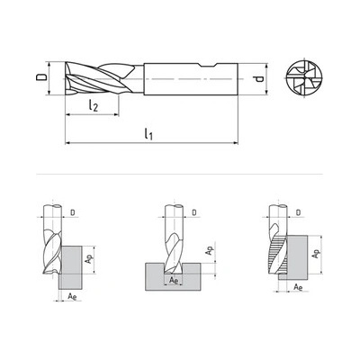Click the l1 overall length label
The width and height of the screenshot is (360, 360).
coord(148,134)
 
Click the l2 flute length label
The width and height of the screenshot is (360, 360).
coord(94,105)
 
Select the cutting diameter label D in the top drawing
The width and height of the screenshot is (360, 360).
coord(41,77)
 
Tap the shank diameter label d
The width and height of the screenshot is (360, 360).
coord(259,79)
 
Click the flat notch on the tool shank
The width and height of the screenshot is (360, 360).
coord(207,66)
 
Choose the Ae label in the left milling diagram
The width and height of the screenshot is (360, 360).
coord(72,297)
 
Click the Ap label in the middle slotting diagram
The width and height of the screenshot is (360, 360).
coord(209,250)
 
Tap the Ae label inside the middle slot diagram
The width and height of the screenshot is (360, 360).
coord(174,280)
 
